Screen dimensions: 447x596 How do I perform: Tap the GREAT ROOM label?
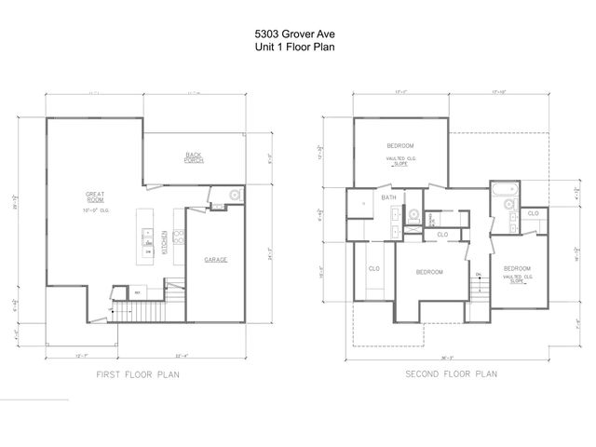[96, 197]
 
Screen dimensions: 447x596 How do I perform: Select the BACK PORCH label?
[194, 156]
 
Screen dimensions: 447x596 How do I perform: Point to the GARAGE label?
[216, 260]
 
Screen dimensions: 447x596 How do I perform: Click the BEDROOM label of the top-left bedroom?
[400, 147]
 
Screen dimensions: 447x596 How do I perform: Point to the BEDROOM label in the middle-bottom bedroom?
[428, 272]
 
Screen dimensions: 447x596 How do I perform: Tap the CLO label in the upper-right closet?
[533, 213]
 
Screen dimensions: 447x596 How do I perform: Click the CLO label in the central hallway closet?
[442, 235]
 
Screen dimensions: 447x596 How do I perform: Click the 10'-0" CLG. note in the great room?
[96, 212]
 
